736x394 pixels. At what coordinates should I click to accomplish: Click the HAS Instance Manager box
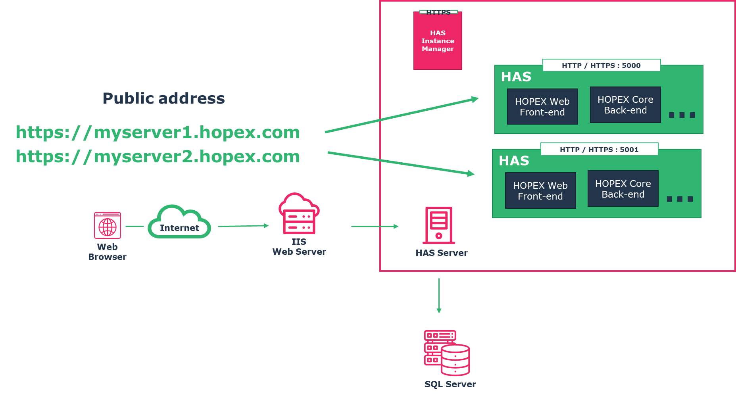[438, 41]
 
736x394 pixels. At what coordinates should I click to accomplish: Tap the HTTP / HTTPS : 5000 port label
[601, 65]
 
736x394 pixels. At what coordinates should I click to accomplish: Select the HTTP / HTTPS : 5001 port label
[599, 150]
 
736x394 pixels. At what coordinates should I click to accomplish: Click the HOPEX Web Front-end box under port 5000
[542, 107]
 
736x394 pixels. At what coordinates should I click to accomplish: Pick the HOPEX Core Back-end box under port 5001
[623, 189]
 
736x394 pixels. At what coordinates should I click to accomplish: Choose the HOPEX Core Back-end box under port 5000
[625, 105]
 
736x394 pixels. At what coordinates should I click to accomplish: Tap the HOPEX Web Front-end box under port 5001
[540, 191]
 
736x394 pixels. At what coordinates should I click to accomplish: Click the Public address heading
[163, 98]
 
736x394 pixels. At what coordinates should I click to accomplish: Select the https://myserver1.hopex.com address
[158, 132]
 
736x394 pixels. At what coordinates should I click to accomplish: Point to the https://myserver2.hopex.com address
[158, 156]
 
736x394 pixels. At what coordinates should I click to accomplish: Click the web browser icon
[108, 225]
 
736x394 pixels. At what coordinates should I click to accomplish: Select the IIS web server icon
[299, 214]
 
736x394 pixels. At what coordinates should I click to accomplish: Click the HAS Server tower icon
[438, 225]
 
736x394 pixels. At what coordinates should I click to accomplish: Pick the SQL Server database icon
[447, 353]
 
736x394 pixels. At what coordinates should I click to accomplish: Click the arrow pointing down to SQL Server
[439, 296]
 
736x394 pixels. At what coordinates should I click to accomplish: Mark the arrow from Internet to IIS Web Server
[243, 226]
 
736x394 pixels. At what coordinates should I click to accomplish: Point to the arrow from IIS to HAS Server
[375, 227]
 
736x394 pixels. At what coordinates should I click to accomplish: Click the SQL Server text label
[450, 384]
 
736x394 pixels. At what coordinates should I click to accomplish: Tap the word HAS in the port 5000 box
[516, 77]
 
